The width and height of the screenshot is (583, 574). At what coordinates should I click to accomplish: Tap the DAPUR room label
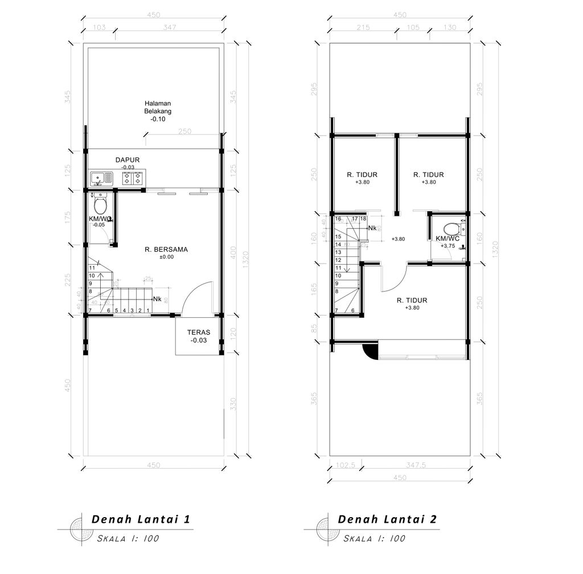[x=128, y=160]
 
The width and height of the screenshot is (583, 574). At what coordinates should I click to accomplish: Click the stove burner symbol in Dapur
[x=132, y=179]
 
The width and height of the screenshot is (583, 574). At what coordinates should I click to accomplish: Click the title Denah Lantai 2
[x=387, y=519]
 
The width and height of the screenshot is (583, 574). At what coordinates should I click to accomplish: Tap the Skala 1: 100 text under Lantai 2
[x=373, y=538]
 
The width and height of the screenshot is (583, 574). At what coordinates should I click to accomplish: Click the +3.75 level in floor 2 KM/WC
[x=447, y=247]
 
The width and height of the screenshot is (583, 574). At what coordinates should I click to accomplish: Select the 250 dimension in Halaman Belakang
[x=184, y=131]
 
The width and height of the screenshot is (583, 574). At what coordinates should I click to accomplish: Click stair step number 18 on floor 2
[x=363, y=219]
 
